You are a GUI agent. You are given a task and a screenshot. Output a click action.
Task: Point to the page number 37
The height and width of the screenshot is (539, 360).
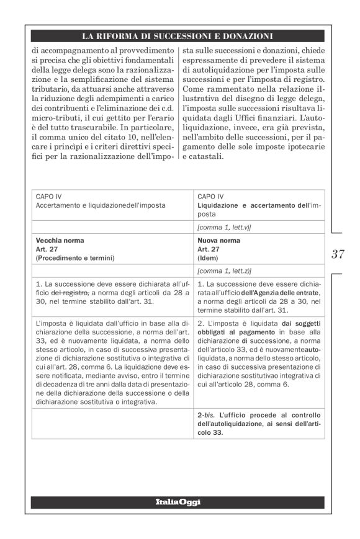click(338, 254)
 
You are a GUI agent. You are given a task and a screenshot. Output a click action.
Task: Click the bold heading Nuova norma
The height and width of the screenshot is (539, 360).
click(218, 240)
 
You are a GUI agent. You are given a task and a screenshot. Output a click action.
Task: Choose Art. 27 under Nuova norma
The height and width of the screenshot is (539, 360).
click(208, 248)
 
